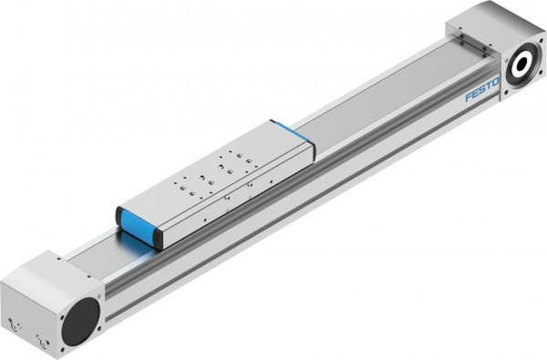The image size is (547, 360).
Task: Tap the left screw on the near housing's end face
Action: coord(12,324)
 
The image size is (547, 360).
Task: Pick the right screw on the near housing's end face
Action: coord(41,342)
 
